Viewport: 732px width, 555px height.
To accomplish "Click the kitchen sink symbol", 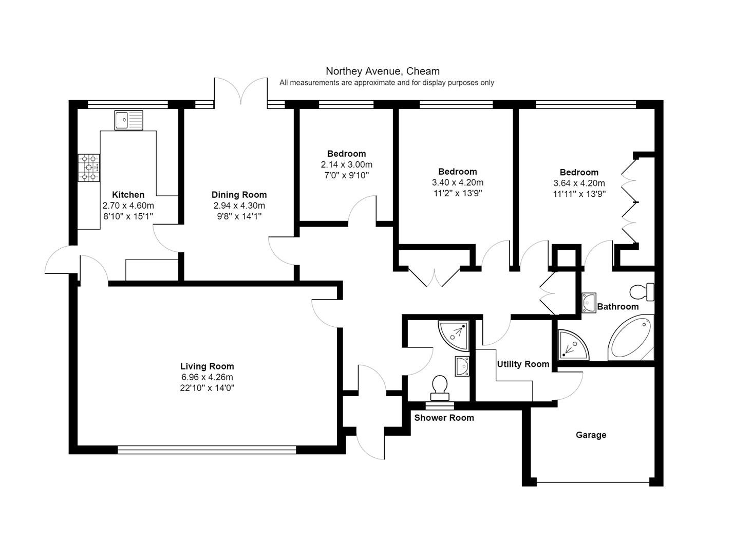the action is [128, 120].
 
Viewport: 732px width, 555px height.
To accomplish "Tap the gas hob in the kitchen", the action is [89, 168].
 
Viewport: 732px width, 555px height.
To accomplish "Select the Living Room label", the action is [207, 366].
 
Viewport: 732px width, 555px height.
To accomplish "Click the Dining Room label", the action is [239, 195].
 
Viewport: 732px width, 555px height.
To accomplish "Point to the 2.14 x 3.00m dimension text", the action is [347, 164].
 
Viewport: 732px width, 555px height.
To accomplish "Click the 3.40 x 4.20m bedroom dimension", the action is [458, 182].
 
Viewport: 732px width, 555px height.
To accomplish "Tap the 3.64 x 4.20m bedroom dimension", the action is [579, 183].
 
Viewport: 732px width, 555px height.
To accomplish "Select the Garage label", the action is [591, 435].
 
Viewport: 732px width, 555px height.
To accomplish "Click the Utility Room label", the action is [523, 364].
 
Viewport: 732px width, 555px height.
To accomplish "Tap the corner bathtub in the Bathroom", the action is [631, 338].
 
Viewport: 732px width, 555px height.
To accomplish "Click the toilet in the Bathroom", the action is [642, 292].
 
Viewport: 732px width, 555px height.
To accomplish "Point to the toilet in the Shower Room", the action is [440, 388].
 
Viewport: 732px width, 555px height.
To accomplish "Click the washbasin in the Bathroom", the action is [589, 303].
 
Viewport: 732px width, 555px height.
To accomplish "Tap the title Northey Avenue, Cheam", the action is [383, 71].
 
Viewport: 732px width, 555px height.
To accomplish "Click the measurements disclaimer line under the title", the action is [386, 83].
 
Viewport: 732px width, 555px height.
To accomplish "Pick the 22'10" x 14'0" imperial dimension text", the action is [207, 388].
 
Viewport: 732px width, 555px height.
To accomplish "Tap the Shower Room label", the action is [444, 418].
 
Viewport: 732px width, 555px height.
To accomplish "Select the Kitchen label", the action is [128, 195].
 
